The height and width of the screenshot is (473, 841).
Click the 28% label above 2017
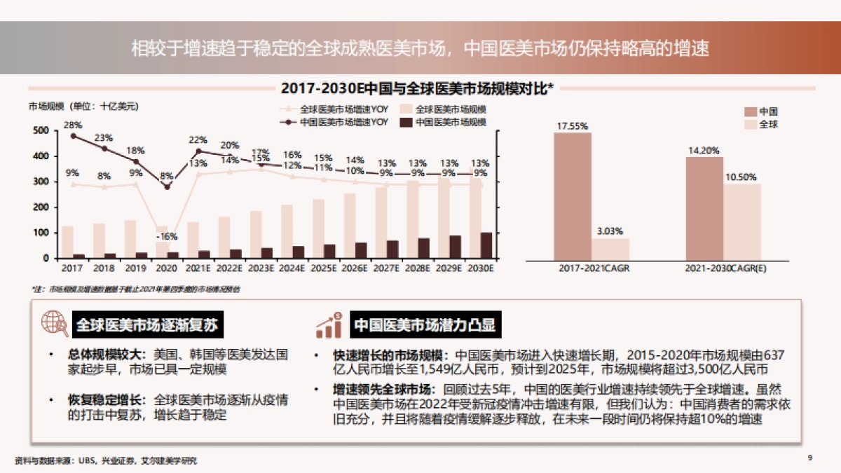coord(73,125)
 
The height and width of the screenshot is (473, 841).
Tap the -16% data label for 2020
coord(167,236)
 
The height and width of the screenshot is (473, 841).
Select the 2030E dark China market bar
coord(486,245)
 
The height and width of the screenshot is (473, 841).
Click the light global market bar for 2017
coord(67,242)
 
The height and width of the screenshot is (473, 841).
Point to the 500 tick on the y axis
coord(41,131)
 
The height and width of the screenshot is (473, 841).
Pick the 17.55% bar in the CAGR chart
coord(572,196)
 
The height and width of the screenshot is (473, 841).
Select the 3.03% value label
coord(610,231)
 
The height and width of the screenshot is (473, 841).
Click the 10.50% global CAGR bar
coord(741,221)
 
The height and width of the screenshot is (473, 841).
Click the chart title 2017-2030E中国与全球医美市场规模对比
coord(417,88)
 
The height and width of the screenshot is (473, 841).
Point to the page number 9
coord(809,458)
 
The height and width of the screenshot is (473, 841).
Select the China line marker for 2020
coord(167,187)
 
